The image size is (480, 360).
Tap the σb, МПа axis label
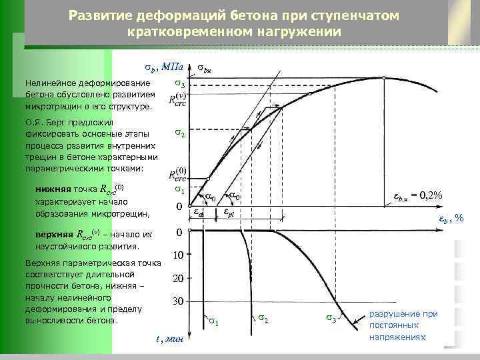(x=164, y=67)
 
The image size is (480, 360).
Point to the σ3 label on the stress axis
(x=179, y=85)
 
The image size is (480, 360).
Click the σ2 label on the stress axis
(x=179, y=133)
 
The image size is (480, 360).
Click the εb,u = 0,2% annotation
(x=416, y=195)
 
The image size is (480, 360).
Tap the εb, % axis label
(x=451, y=219)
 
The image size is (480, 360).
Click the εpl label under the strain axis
(x=227, y=213)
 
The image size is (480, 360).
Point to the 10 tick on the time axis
(x=178, y=255)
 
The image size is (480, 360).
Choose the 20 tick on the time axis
(x=178, y=278)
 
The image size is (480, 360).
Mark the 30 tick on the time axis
(x=178, y=301)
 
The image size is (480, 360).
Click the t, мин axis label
(x=165, y=339)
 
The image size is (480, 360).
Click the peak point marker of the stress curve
(x=385, y=77)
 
